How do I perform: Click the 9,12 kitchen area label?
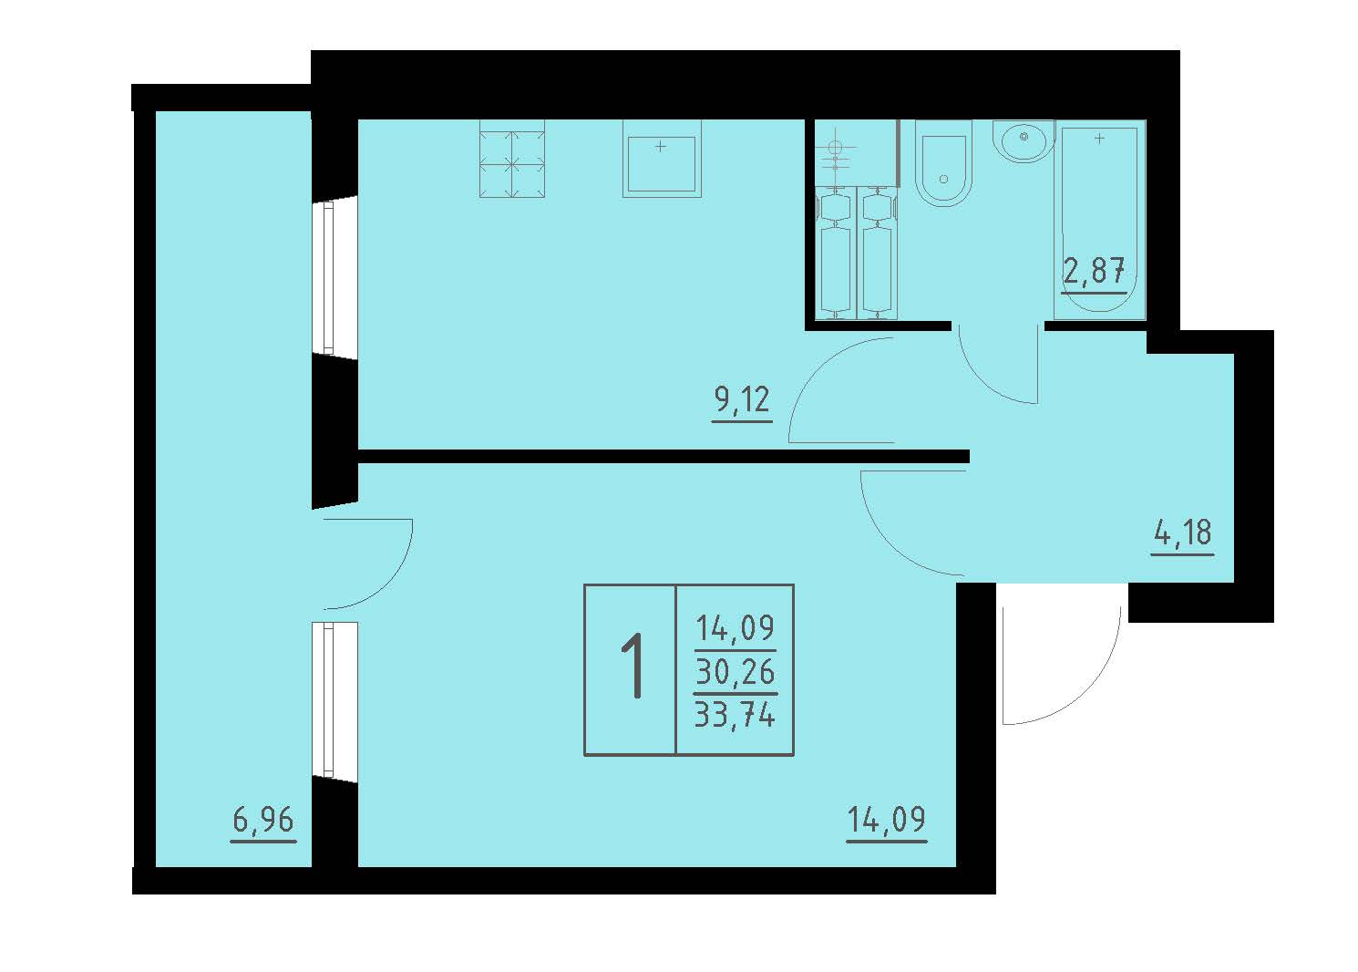click(x=742, y=399)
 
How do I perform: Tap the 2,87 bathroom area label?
click(x=1095, y=271)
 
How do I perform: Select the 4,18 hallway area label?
click(x=1183, y=533)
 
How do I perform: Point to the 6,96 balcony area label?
click(x=263, y=821)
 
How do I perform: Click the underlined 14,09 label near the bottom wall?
click(x=886, y=820)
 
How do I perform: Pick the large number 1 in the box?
click(x=633, y=666)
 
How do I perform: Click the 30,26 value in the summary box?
click(x=735, y=672)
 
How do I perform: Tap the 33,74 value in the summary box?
click(x=735, y=714)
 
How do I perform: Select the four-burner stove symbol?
click(x=511, y=159)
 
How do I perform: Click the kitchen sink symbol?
click(x=662, y=159)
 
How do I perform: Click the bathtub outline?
click(x=1100, y=220)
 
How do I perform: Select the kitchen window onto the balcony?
click(x=328, y=278)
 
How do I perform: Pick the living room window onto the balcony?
click(x=328, y=699)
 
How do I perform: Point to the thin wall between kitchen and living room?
click(x=664, y=456)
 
